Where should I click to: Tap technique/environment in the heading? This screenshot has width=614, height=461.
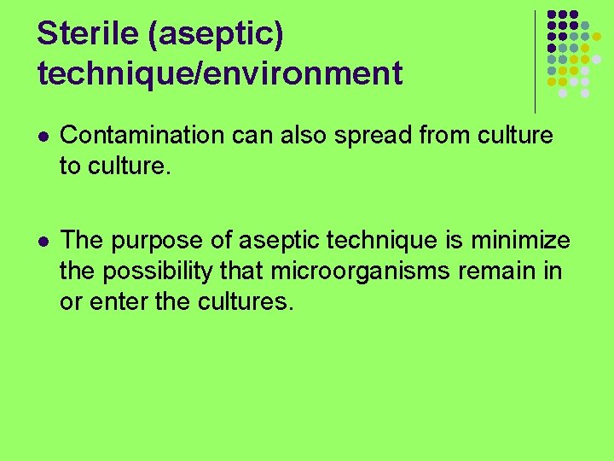[219, 74]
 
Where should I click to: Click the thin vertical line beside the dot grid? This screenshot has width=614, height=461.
[535, 60]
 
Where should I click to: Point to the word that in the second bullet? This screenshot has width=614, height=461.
[246, 271]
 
